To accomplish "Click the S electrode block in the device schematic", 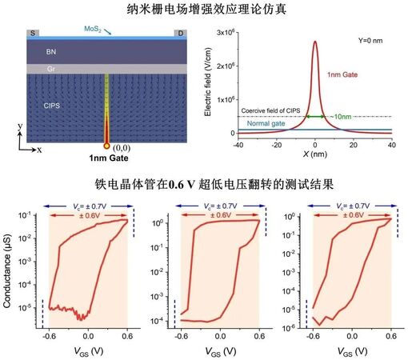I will [33, 34].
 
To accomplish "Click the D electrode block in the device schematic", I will [179, 34].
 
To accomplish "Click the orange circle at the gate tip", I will [106, 146].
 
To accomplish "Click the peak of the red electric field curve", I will [314, 42].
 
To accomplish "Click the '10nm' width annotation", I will [341, 118].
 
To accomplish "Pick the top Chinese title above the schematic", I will [206, 10].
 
